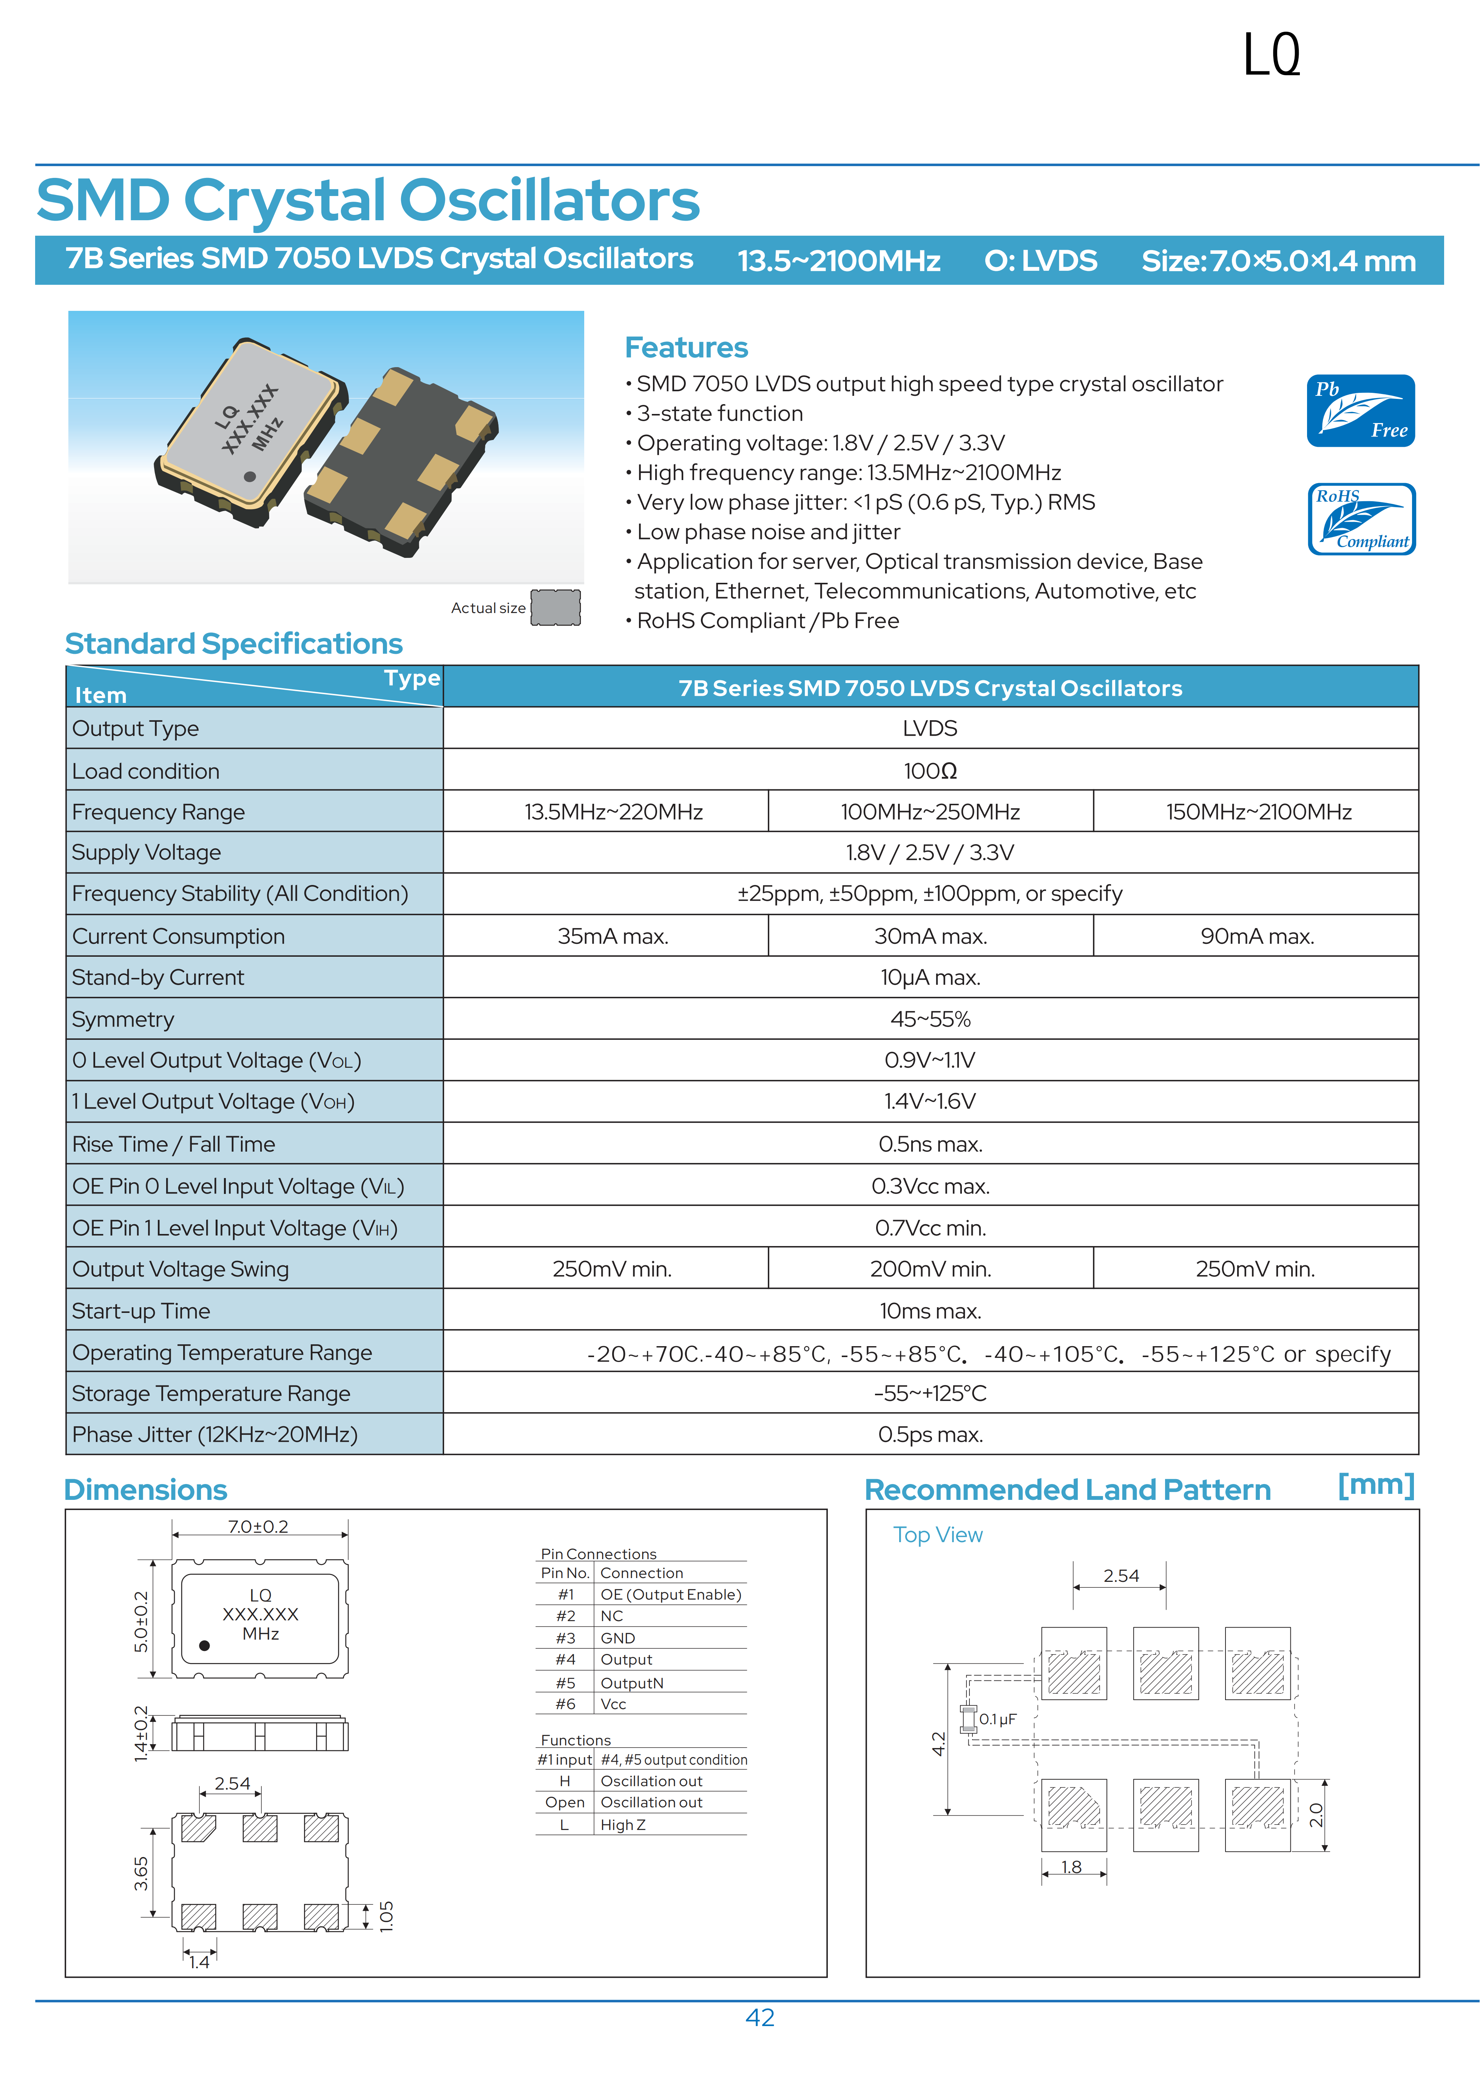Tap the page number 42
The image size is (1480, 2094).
click(x=759, y=2017)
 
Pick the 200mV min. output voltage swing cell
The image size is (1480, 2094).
click(x=930, y=1269)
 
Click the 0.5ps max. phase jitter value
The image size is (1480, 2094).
click(x=930, y=1435)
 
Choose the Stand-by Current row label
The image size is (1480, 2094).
click(x=158, y=978)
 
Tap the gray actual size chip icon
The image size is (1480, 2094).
click(x=556, y=607)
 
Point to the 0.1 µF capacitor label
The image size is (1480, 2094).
click(x=998, y=1719)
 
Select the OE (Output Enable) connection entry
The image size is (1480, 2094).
click(x=670, y=1594)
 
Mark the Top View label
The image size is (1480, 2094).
click(x=937, y=1535)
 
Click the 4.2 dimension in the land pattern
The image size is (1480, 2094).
click(x=937, y=1743)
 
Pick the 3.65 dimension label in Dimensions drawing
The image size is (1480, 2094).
click(x=141, y=1873)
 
